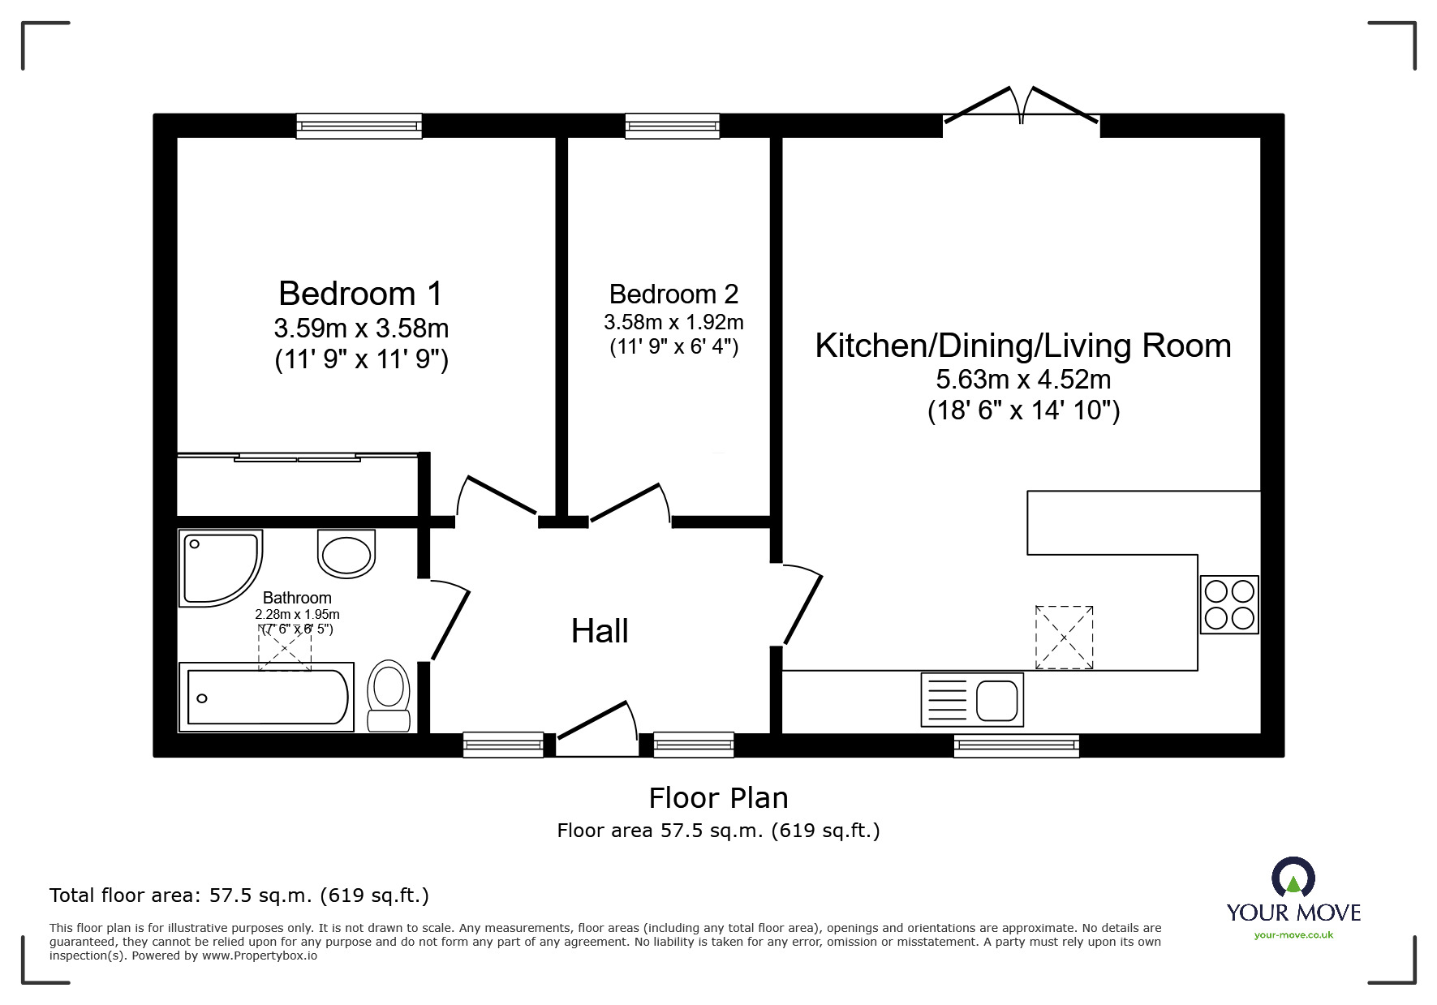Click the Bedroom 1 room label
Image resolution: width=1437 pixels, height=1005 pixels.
(360, 294)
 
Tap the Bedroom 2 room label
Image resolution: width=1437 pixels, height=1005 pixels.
(673, 294)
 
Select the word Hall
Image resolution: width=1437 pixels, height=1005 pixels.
(600, 631)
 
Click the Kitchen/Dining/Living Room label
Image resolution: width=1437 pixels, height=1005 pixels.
(1022, 346)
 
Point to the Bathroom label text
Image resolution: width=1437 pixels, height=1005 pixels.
(297, 598)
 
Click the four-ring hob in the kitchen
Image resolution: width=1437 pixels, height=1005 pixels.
(1229, 604)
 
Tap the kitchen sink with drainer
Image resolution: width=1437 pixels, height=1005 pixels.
(972, 699)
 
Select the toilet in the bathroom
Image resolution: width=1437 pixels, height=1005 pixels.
(389, 695)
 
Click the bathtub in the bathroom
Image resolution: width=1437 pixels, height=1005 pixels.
(266, 697)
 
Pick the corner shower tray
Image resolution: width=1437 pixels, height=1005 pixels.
(220, 568)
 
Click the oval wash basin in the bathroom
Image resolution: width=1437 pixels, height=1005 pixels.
(346, 554)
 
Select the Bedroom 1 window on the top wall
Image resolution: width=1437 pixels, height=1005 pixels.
(359, 126)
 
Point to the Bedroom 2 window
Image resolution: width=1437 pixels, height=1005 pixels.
(673, 126)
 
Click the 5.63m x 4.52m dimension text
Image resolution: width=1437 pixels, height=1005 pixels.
(1023, 380)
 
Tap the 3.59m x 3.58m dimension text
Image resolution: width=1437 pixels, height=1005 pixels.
(361, 329)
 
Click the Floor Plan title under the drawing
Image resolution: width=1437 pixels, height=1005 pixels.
(718, 798)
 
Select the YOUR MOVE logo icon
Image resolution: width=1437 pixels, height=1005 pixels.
(1293, 877)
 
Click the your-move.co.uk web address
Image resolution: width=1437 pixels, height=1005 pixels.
(1293, 935)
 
